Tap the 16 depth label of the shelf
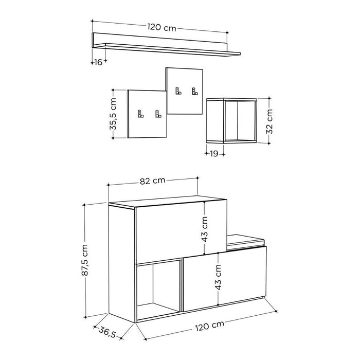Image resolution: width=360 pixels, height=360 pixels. coord(98,62)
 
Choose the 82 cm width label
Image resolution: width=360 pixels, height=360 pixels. coord(153,180)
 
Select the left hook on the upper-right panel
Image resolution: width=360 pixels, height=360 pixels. coord(177,91)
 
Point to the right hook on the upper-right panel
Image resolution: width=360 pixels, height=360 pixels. coord(194,91)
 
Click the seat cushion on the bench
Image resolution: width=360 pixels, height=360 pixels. coord(246,240)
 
